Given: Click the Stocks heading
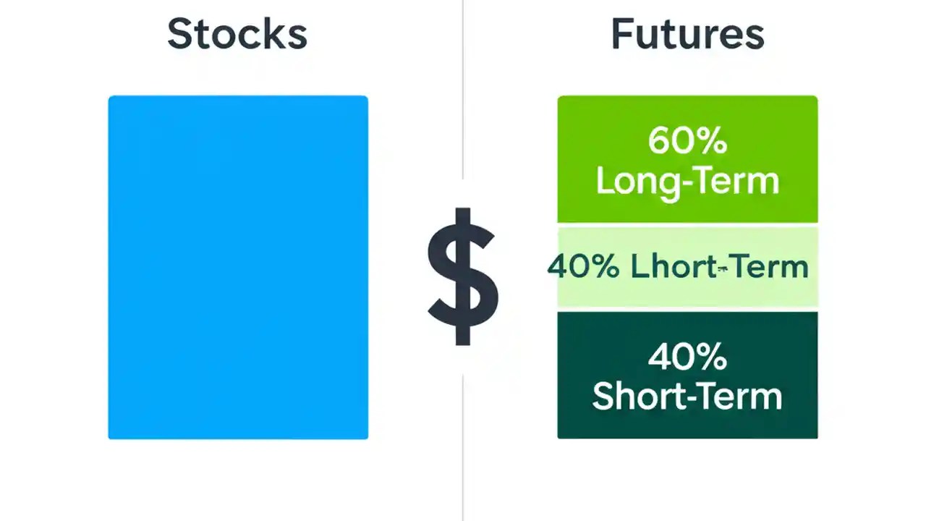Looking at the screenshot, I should (237, 34).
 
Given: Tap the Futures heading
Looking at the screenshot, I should (687, 34).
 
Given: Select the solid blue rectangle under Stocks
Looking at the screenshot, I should (238, 267).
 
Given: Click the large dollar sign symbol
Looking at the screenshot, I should (463, 276).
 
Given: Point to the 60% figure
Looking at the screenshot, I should (687, 140).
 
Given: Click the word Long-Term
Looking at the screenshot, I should (687, 180).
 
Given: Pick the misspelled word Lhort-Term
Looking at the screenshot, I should (719, 267).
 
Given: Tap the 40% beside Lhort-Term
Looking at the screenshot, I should (583, 267).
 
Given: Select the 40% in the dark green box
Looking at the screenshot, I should (687, 357).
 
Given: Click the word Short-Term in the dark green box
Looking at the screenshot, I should (687, 396).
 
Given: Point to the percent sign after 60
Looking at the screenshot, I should (713, 140).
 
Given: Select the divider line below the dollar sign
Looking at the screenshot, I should (463, 449).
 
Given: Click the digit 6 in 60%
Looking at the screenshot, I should (660, 140).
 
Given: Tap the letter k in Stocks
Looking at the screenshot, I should (274, 34).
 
